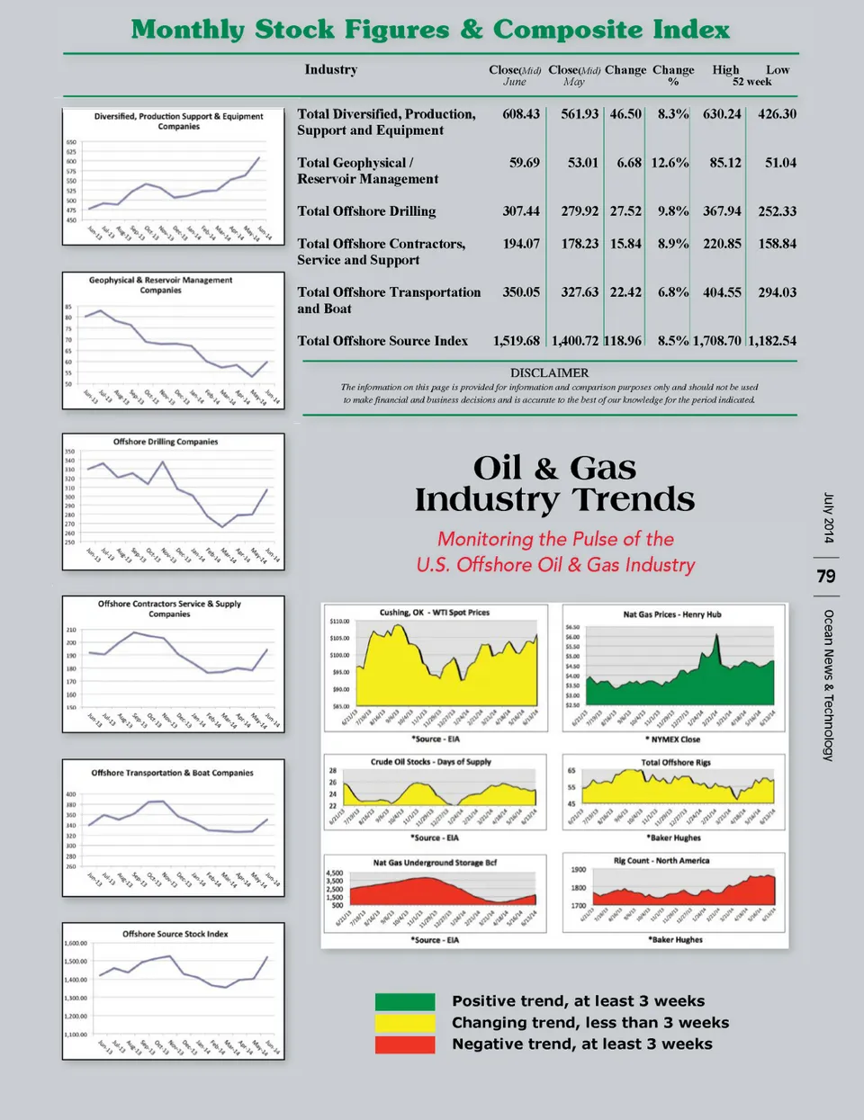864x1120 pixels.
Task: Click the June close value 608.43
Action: coord(521,114)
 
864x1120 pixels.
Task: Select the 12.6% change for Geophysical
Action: coord(670,163)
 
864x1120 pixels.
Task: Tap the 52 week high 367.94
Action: coord(722,211)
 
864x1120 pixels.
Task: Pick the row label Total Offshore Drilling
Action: coord(366,211)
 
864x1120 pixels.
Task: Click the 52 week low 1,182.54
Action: coord(772,341)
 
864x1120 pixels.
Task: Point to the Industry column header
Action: coord(330,69)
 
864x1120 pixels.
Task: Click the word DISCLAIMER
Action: coord(549,372)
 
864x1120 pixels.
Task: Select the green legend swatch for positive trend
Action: coord(405,1001)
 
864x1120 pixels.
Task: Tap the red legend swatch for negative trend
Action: coord(405,1044)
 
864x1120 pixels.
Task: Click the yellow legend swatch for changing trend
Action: coord(405,1023)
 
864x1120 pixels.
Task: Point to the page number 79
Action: coord(826,576)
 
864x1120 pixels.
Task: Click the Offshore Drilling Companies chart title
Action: coord(166,442)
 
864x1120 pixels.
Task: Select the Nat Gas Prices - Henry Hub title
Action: coord(672,614)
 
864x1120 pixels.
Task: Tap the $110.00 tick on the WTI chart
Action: coord(339,622)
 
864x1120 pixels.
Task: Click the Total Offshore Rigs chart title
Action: coord(675,762)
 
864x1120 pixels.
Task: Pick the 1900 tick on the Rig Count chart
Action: coord(578,870)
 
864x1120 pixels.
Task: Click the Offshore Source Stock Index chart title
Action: coord(175,934)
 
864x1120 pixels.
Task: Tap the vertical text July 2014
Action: coord(829,518)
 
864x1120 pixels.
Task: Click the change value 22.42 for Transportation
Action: coord(625,292)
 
